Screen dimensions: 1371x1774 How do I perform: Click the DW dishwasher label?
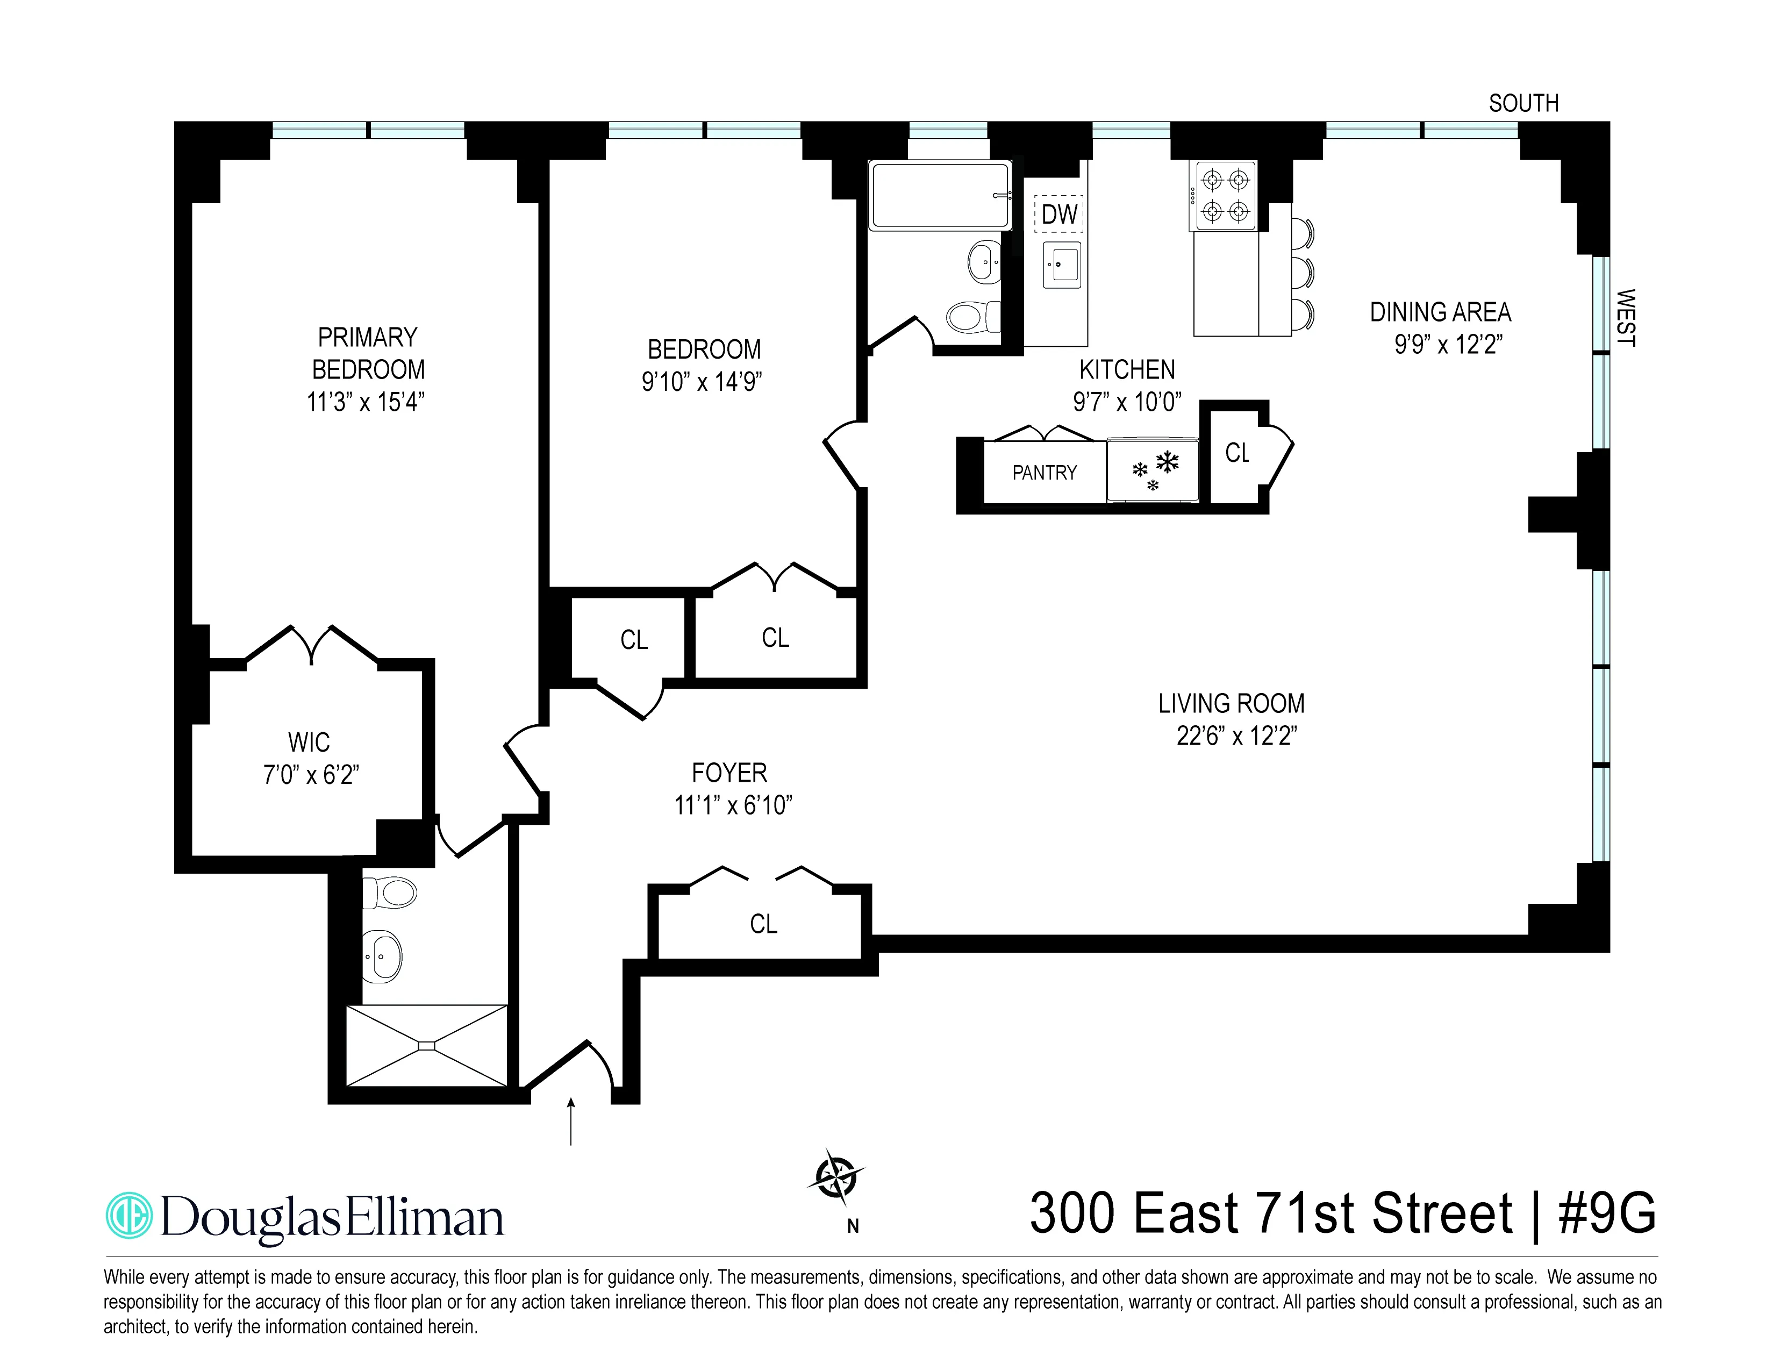(x=1059, y=215)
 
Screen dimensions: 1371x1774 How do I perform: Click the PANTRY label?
(x=1045, y=473)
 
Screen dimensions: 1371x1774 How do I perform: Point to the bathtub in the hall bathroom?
(x=941, y=195)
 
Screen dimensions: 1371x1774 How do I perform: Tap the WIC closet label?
(x=309, y=742)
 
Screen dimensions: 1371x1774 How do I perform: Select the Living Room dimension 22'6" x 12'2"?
(x=1236, y=736)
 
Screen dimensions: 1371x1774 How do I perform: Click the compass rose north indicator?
(x=836, y=1177)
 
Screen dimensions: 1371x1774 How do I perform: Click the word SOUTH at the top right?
(x=1523, y=103)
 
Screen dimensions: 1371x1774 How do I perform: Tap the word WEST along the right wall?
(x=1625, y=318)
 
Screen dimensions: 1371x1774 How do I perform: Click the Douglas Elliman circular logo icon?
(x=129, y=1215)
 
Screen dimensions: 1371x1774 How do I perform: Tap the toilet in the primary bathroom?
(x=390, y=892)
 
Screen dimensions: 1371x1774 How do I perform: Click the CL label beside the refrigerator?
(x=1237, y=453)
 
